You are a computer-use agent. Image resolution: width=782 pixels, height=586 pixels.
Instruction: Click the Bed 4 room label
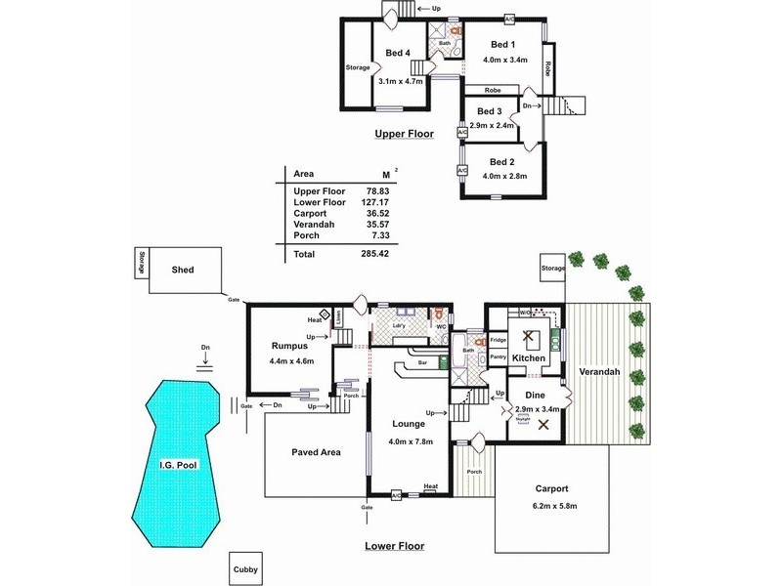[397, 53]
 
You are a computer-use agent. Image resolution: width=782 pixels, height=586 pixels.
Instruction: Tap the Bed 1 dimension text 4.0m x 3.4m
[505, 61]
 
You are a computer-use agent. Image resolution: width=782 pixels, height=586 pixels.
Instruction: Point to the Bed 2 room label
[501, 161]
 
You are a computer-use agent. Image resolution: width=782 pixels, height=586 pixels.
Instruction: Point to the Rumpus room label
[290, 346]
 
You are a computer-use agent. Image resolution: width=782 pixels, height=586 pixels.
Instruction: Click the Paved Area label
[316, 452]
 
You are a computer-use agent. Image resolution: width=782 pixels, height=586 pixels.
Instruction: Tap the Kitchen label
[529, 359]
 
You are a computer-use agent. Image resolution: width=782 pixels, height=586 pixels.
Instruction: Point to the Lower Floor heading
[395, 547]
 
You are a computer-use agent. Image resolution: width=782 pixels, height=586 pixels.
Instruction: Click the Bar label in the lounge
[423, 362]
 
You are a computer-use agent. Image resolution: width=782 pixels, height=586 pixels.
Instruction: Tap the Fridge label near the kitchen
[498, 341]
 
